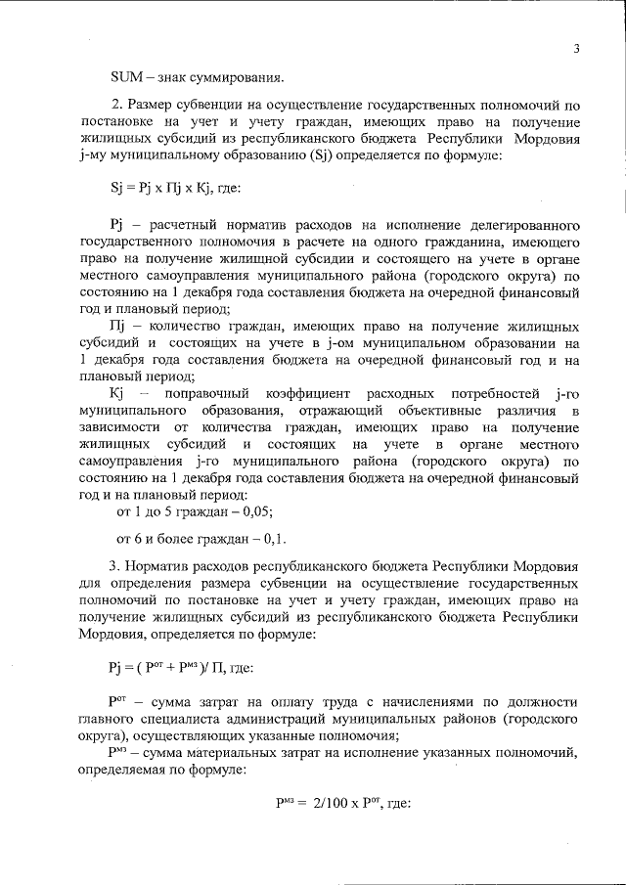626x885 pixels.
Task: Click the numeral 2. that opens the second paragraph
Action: [x=118, y=104]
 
